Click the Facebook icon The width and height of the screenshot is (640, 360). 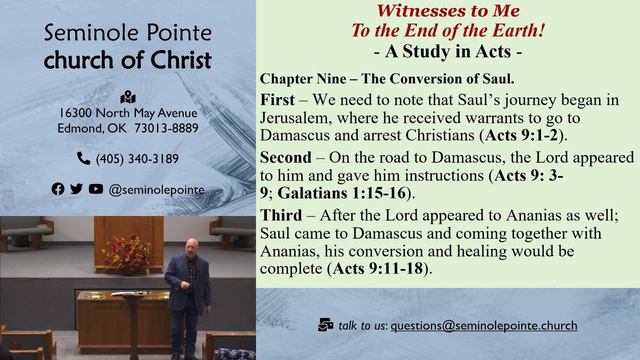coord(58,188)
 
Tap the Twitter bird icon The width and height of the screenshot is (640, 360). coord(77,188)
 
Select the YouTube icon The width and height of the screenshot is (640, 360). coord(96,188)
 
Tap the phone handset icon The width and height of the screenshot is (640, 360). coord(83,158)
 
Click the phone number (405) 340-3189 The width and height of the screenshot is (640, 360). coord(137,158)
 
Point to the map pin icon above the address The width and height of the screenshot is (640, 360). coord(127,97)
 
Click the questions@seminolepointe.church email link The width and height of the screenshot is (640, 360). coord(483,325)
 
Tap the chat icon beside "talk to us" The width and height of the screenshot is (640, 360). coord(325,325)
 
